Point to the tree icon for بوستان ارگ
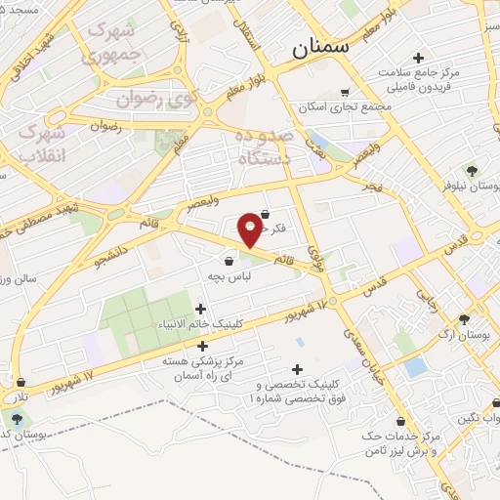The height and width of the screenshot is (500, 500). (x=464, y=318)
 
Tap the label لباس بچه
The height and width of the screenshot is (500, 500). (x=229, y=277)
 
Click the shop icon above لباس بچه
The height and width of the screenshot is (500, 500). (x=229, y=261)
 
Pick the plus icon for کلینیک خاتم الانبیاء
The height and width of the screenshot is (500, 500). (x=201, y=310)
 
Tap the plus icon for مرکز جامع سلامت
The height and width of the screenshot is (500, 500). (x=419, y=58)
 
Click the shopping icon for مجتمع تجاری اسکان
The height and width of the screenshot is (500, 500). (x=344, y=92)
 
